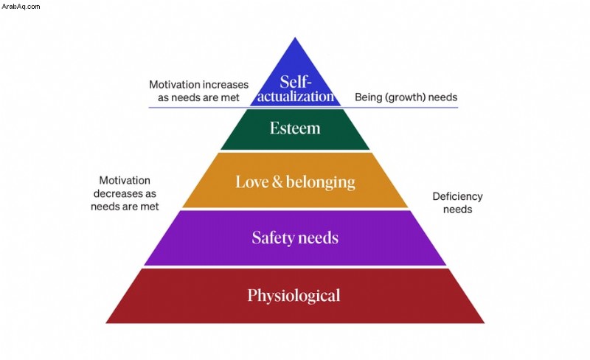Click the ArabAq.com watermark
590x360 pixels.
21,6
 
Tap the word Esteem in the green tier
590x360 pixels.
295,128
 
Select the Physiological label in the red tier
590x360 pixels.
294,296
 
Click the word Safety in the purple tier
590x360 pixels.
271,238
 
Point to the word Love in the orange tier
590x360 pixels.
251,182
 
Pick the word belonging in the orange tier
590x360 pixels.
321,183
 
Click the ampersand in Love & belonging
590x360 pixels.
277,182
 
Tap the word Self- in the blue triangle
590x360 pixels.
296,82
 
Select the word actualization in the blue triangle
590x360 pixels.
296,97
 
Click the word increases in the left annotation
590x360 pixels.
226,84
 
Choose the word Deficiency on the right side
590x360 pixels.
457,196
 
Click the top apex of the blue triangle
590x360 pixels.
295,38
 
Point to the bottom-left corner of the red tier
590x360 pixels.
106,322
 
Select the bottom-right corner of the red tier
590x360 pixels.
485,322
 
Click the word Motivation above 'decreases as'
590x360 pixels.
125,181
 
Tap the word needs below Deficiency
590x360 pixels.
457,210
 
